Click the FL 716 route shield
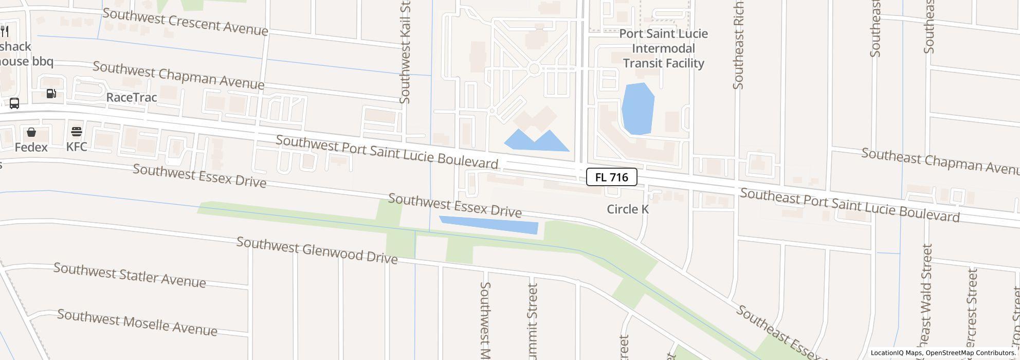pyautogui.click(x=611, y=177)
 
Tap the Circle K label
pyautogui.click(x=628, y=209)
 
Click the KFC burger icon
pyautogui.click(x=77, y=132)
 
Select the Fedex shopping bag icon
pyautogui.click(x=31, y=133)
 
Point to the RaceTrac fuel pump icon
pyautogui.click(x=51, y=94)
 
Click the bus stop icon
pyautogui.click(x=14, y=103)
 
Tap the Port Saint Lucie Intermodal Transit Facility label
pyautogui.click(x=663, y=48)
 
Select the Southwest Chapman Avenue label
pyautogui.click(x=178, y=76)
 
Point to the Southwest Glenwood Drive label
pyautogui.click(x=317, y=250)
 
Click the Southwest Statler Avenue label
pyautogui.click(x=130, y=276)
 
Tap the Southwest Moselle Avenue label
pyautogui.click(x=137, y=322)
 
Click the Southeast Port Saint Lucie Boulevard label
pyautogui.click(x=849, y=205)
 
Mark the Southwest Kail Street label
pyautogui.click(x=405, y=51)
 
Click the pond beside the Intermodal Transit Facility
pyautogui.click(x=638, y=109)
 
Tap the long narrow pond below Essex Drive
pyautogui.click(x=488, y=225)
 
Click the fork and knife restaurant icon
pyautogui.click(x=5, y=31)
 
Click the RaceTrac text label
pyautogui.click(x=131, y=97)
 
